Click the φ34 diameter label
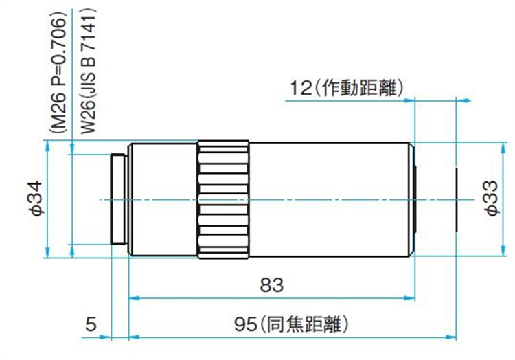click(36, 198)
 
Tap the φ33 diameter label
click(492, 198)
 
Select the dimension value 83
click(272, 285)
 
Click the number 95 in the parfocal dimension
click(245, 324)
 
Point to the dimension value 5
click(91, 324)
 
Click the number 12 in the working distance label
click(301, 88)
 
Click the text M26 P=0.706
click(59, 75)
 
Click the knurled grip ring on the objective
click(223, 199)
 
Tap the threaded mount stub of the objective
click(119, 199)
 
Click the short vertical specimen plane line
click(456, 200)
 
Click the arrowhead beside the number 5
click(105, 337)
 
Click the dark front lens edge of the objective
click(416, 199)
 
